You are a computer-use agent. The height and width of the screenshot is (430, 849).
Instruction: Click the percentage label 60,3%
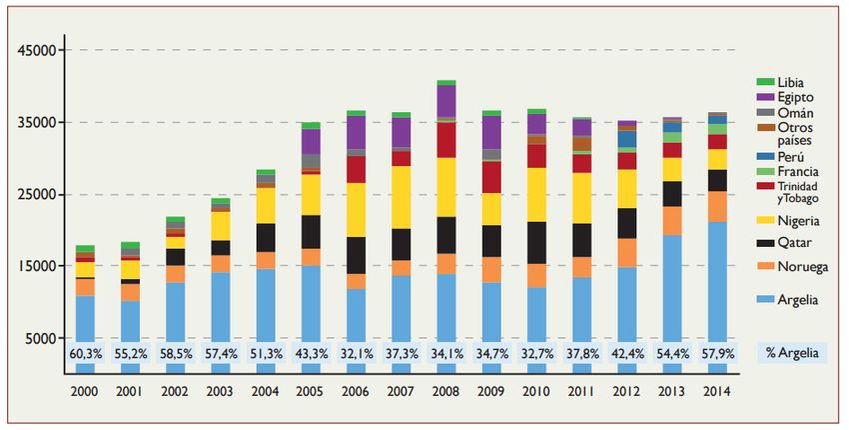85,353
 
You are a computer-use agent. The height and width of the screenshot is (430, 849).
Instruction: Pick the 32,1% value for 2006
356,353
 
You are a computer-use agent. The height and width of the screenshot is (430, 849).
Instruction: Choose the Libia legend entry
790,82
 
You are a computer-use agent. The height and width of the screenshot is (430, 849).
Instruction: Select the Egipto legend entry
794,97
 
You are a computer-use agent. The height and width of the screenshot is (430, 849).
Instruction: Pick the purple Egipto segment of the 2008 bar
446,101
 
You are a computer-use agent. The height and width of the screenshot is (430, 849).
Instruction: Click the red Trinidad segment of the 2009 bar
491,177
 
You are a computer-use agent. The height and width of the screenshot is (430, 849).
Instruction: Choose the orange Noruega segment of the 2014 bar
717,206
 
